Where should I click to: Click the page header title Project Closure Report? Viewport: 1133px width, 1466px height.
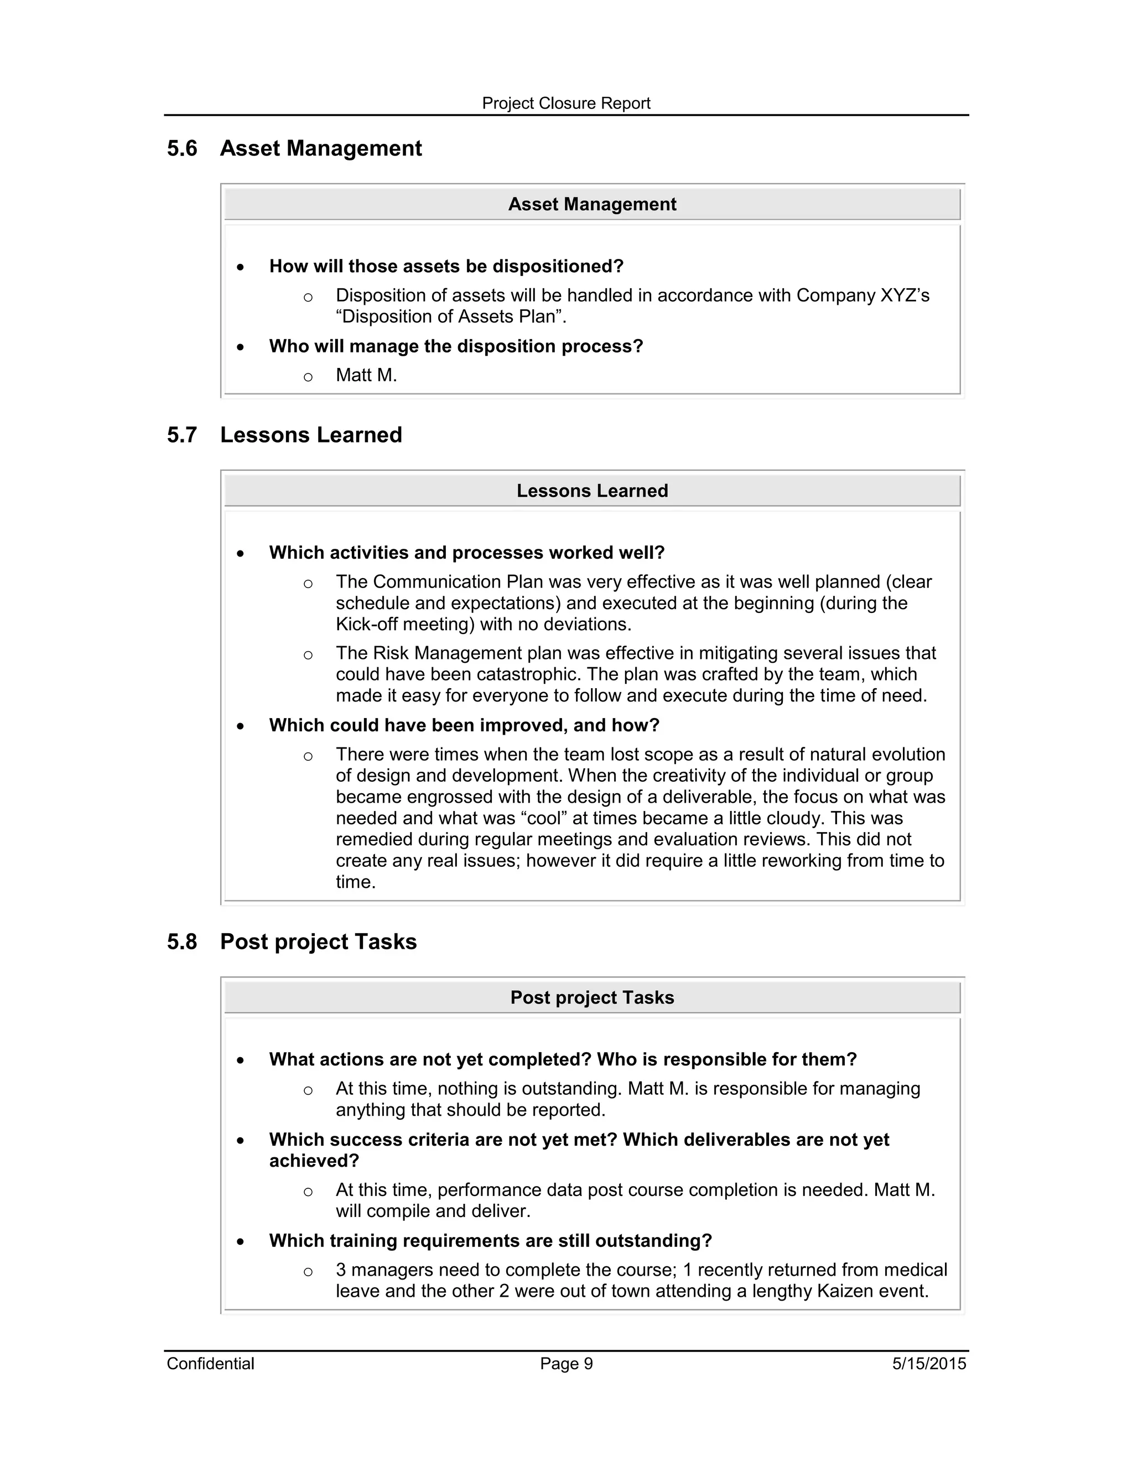pyautogui.click(x=566, y=103)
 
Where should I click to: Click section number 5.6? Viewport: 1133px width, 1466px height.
pyautogui.click(x=182, y=148)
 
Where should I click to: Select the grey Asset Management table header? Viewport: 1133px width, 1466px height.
pyautogui.click(x=591, y=204)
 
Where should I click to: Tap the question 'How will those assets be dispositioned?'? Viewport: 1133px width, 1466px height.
pyautogui.click(x=446, y=267)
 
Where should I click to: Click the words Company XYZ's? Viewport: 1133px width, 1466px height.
pyautogui.click(x=862, y=295)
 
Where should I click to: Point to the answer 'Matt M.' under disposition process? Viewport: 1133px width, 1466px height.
pyautogui.click(x=366, y=375)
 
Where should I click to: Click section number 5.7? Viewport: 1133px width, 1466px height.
pyautogui.click(x=182, y=435)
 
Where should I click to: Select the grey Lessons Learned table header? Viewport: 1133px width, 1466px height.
pyautogui.click(x=591, y=491)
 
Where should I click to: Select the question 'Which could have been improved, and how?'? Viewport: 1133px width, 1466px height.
pyautogui.click(x=464, y=726)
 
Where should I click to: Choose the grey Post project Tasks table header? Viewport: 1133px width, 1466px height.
pyautogui.click(x=591, y=997)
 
